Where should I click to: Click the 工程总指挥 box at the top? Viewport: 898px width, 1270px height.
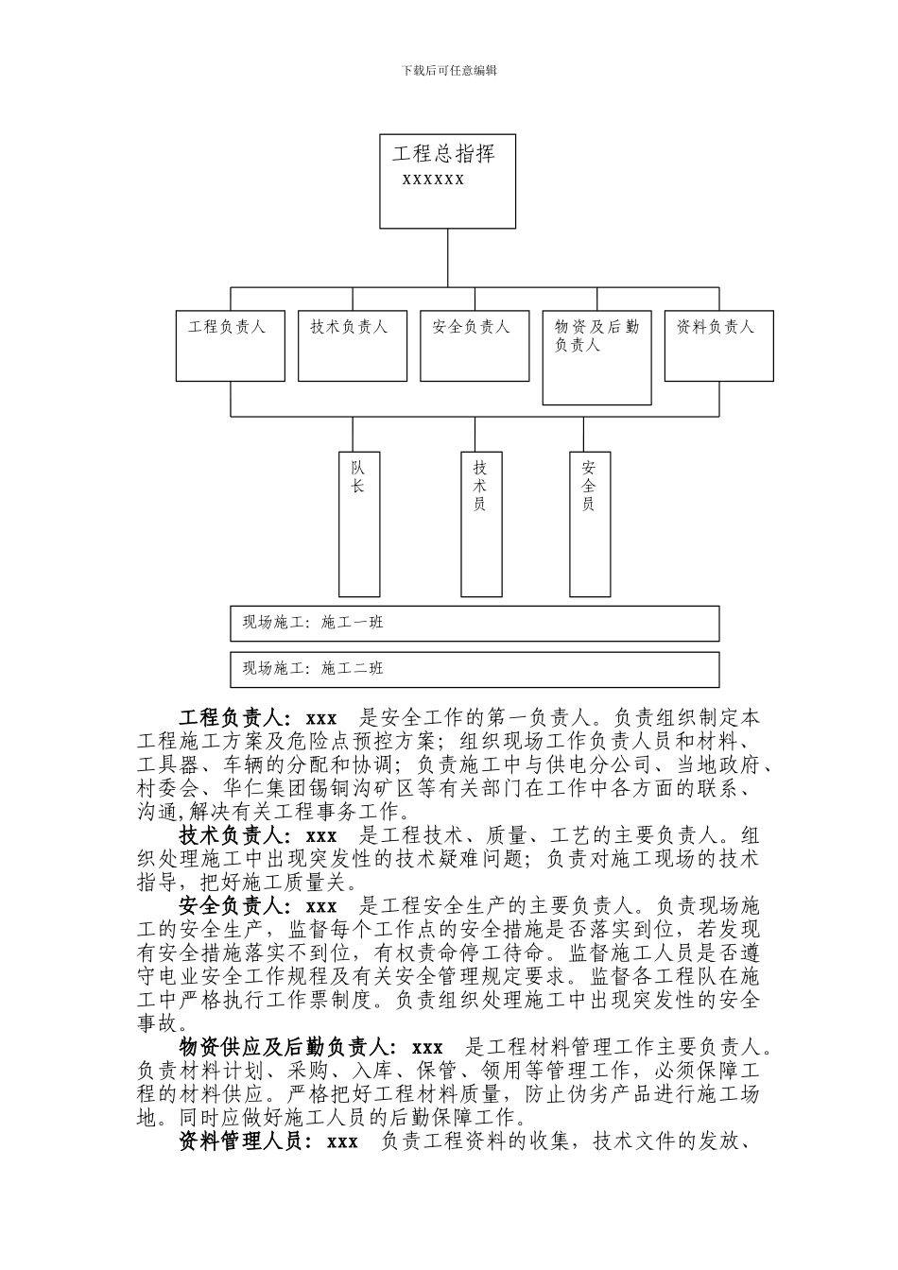tap(447, 181)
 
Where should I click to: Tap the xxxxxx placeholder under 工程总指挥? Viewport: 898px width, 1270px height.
tap(433, 179)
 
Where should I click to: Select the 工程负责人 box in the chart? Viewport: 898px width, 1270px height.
tap(230, 346)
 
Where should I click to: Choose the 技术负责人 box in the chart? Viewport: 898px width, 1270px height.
tap(352, 346)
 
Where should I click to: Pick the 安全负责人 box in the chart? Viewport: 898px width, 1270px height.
tap(474, 346)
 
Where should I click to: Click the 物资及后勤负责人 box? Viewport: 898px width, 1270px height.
tap(596, 357)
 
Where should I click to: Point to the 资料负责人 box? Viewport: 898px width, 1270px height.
tap(718, 346)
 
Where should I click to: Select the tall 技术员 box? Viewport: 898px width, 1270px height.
tap(480, 523)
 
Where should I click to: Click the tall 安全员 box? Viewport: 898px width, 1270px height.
tap(589, 523)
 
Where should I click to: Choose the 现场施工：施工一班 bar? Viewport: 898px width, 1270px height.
tap(475, 623)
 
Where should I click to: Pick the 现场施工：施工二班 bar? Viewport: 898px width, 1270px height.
tap(475, 669)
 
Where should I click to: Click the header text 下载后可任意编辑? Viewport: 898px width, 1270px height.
tap(449, 70)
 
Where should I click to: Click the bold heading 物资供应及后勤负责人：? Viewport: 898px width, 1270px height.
tap(288, 1048)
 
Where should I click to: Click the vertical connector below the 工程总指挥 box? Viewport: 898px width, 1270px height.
tap(447, 257)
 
